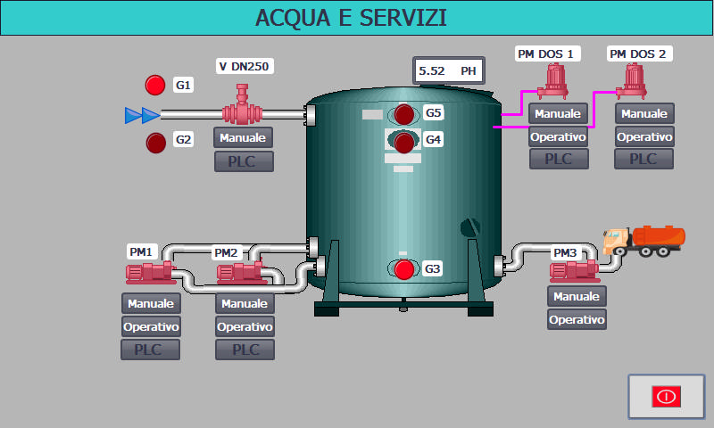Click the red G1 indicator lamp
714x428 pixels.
[x=155, y=86]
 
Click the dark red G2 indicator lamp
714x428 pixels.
[x=155, y=141]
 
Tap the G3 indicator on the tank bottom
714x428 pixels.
[x=404, y=269]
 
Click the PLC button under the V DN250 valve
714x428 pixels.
[x=244, y=161]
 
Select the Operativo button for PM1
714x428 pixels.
[x=151, y=326]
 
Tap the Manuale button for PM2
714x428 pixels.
[x=245, y=304]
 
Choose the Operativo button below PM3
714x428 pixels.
[x=577, y=319]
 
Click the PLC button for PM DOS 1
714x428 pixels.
[x=558, y=159]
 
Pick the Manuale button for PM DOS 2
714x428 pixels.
[x=644, y=114]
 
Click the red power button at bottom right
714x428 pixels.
[x=666, y=397]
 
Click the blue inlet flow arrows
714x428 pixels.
[x=142, y=114]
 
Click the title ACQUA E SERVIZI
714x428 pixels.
[x=351, y=18]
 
